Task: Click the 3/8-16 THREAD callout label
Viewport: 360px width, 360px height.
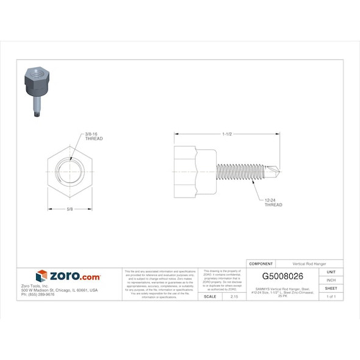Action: pyautogui.click(x=93, y=136)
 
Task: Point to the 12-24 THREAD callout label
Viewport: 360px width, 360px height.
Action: pyautogui.click(x=273, y=203)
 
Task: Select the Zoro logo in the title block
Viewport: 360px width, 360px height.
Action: pyautogui.click(x=68, y=276)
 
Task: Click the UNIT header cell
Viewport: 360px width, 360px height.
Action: pyautogui.click(x=331, y=272)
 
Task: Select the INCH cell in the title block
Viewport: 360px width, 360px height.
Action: pyautogui.click(x=331, y=279)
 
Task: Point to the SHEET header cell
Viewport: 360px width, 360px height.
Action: pyautogui.click(x=331, y=288)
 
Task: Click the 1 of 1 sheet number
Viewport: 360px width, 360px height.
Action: pyautogui.click(x=331, y=296)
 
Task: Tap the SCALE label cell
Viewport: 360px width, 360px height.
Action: pyautogui.click(x=209, y=296)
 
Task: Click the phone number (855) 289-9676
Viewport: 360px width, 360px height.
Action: pyautogui.click(x=38, y=295)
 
